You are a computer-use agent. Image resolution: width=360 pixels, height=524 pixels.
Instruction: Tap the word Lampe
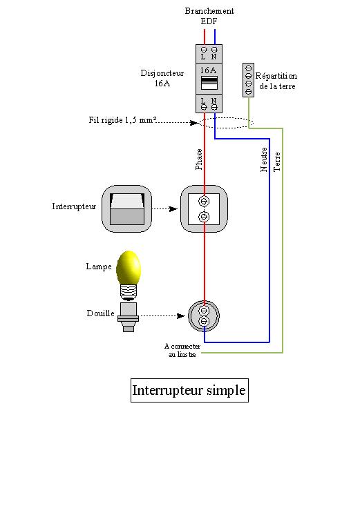99,266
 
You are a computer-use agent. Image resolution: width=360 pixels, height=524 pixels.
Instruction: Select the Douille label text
100,313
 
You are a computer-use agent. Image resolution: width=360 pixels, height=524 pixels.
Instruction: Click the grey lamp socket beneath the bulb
128,317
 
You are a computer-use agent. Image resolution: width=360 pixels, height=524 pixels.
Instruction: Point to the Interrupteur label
74,206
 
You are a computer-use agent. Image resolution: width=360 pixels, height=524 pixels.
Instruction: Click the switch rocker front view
127,209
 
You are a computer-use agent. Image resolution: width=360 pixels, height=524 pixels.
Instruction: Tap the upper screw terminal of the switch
204,201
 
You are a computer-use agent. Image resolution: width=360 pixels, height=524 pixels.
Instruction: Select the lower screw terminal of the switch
204,217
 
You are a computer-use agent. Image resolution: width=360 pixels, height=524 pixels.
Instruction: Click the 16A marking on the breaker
208,70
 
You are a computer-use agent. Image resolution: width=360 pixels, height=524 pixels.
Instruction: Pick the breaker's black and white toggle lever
209,83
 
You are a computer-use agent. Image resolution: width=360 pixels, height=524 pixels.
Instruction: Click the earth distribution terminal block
248,80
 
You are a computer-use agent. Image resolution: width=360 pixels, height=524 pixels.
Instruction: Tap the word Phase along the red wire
199,159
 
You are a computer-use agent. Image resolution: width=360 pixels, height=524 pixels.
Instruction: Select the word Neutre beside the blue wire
264,159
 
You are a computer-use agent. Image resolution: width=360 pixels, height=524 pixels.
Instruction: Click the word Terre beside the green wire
277,162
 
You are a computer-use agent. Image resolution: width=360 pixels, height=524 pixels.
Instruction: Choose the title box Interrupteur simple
189,390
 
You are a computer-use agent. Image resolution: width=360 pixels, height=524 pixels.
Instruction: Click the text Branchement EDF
209,16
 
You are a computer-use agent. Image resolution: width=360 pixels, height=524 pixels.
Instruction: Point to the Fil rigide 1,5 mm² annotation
122,120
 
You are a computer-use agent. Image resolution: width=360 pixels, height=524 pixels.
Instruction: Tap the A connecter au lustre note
182,350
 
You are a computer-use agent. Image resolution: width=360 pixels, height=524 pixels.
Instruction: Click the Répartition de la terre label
276,81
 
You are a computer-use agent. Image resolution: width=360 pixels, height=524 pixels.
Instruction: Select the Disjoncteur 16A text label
162,78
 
